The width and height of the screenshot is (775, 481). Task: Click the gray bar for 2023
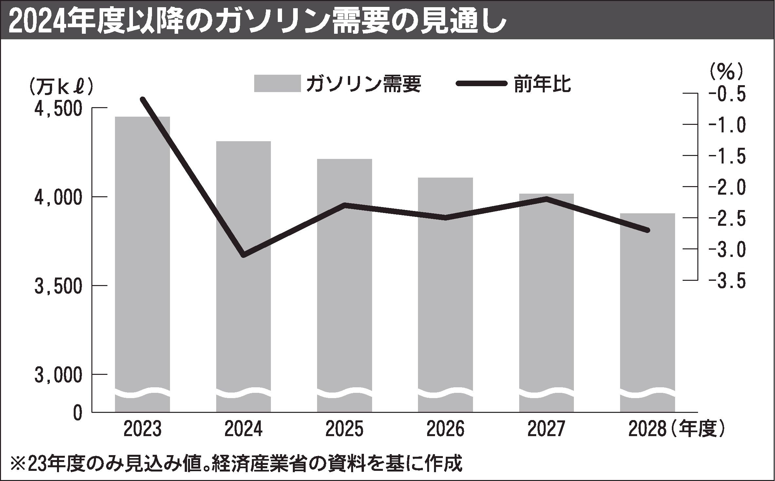pyautogui.click(x=142, y=262)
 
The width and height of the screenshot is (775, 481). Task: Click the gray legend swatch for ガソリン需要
pyautogui.click(x=277, y=84)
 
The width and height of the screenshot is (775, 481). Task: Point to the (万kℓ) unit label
pyautogui.click(x=61, y=87)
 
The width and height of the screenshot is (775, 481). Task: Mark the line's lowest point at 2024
pyautogui.click(x=243, y=255)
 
